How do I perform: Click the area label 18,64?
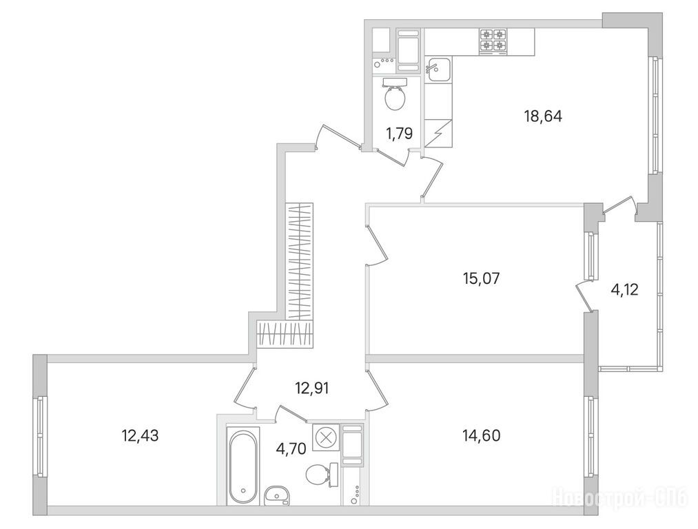(543, 116)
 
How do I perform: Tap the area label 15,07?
(482, 278)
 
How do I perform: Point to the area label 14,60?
(482, 435)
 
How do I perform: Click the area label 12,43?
(141, 435)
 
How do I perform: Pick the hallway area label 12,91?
(312, 388)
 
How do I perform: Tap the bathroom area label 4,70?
(291, 449)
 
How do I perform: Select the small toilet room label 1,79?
(400, 133)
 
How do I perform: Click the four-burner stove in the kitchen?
(493, 41)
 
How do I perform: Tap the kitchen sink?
(438, 70)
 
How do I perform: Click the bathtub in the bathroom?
(243, 466)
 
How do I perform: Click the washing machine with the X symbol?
(326, 438)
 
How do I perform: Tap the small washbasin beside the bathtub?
(276, 495)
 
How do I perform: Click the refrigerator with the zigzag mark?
(438, 133)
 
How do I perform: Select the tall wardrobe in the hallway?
(300, 261)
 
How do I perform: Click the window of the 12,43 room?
(40, 436)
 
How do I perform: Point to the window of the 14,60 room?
(591, 436)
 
